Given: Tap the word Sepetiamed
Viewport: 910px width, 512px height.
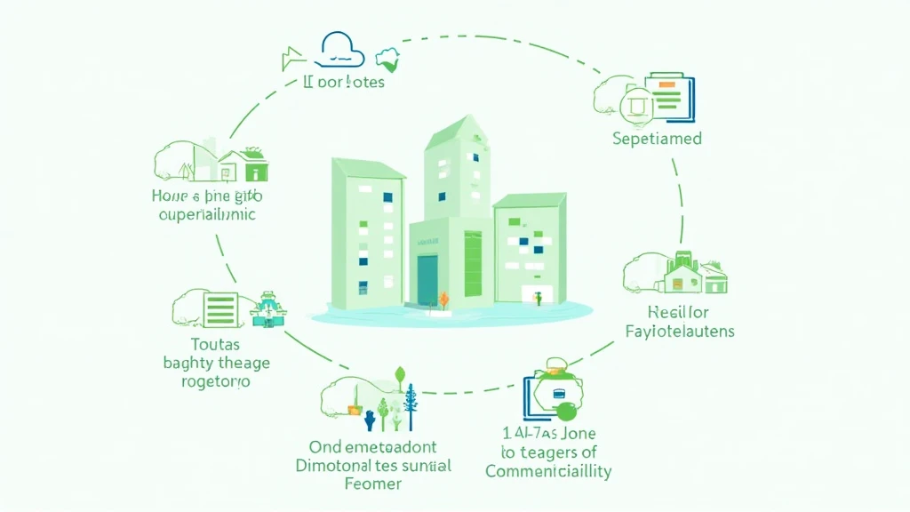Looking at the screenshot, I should [657, 139].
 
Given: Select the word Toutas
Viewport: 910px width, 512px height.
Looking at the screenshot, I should [215, 344].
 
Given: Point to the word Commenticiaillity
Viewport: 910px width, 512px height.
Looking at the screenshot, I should [548, 471].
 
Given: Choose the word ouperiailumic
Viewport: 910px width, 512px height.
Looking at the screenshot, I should [206, 214].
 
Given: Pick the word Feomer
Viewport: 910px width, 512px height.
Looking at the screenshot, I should [372, 484].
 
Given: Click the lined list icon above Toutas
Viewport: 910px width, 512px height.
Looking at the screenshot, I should [219, 309].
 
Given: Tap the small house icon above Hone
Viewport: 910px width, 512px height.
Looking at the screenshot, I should [243, 165].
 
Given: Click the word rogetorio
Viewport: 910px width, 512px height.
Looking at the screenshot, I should [207, 382].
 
